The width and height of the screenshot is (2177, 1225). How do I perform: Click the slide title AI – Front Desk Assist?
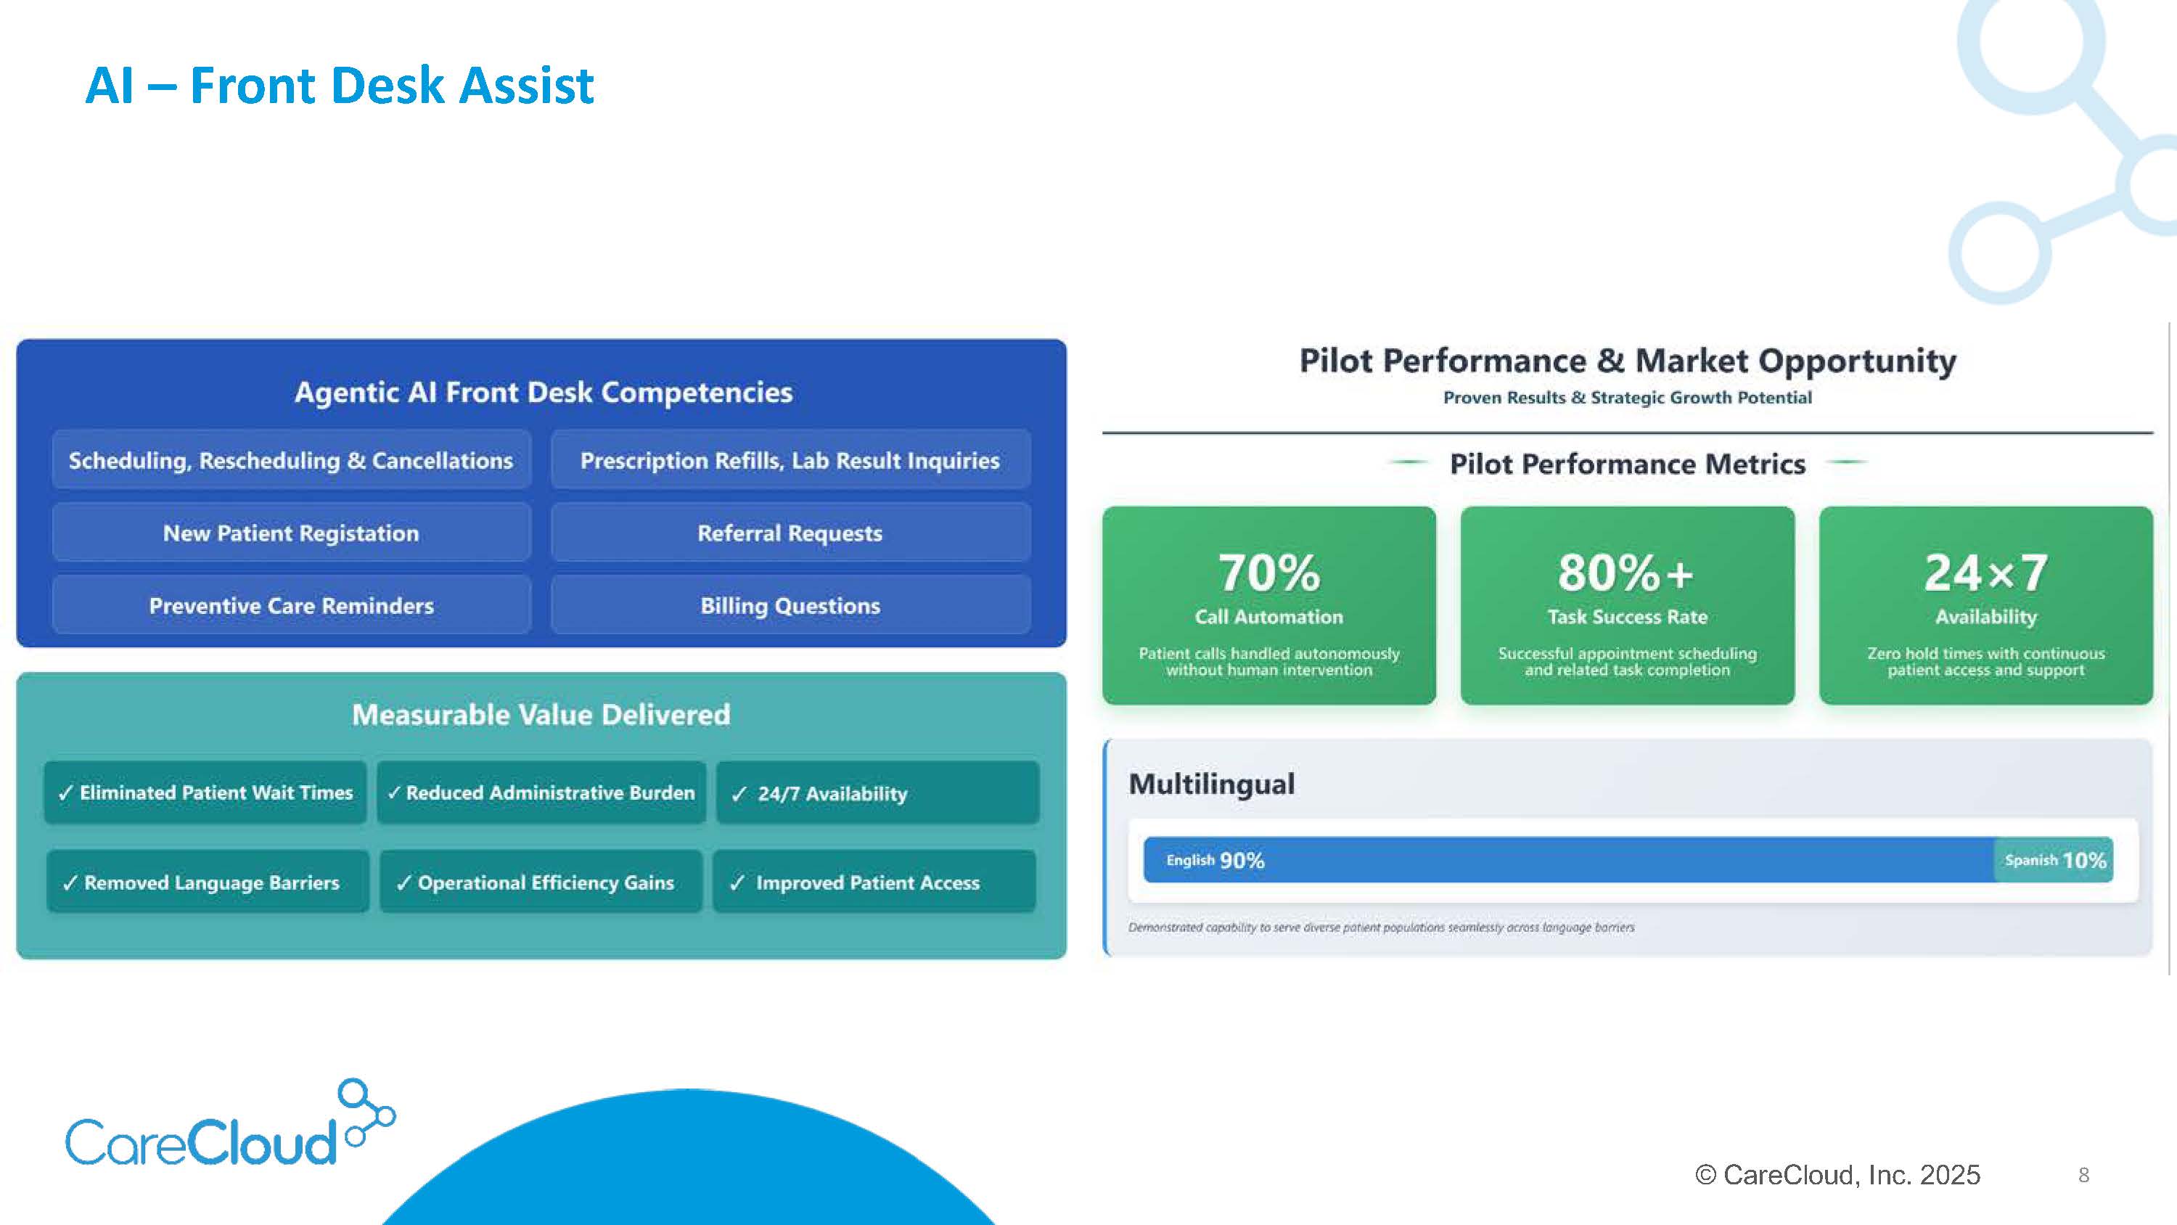click(340, 86)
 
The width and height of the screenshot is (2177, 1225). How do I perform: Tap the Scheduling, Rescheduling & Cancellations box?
click(292, 459)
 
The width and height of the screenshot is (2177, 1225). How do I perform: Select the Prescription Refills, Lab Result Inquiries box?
click(790, 459)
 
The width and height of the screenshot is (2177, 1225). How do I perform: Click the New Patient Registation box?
click(292, 532)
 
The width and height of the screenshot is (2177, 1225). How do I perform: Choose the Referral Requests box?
click(790, 532)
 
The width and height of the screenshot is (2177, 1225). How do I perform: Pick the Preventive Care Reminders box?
click(292, 605)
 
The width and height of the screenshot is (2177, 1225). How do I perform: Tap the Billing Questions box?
click(790, 605)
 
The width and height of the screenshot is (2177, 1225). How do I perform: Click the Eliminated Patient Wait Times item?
click(205, 792)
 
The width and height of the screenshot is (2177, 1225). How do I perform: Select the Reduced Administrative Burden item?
click(541, 792)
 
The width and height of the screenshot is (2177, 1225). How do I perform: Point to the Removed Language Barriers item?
click(208, 881)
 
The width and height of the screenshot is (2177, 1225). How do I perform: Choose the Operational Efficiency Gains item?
click(541, 881)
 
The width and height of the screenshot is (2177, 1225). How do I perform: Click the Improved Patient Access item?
click(874, 881)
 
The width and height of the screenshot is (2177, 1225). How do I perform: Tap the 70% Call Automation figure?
click(1268, 605)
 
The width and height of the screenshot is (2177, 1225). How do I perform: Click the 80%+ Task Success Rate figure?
click(1627, 605)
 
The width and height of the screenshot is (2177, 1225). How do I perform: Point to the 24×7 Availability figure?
click(1986, 605)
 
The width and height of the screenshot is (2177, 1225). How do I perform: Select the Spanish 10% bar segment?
click(2054, 860)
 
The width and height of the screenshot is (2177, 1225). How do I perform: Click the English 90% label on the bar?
click(1215, 860)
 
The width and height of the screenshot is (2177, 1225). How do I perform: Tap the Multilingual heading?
click(1211, 784)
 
